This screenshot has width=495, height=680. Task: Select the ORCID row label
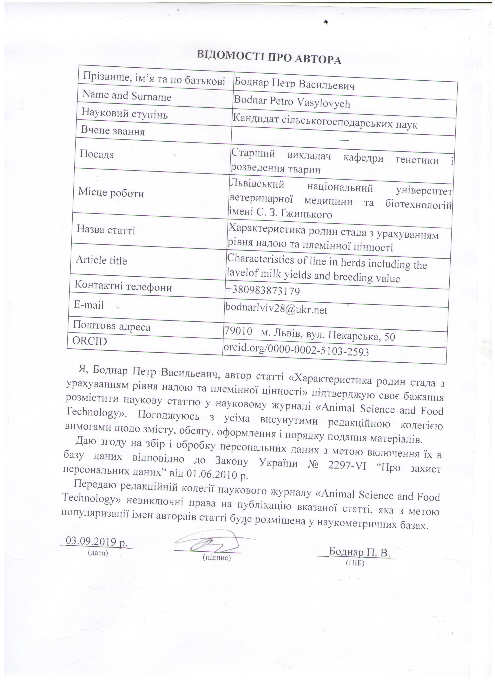click(x=90, y=341)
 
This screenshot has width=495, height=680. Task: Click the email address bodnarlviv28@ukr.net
click(x=276, y=309)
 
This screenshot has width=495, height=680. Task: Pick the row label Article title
click(x=102, y=260)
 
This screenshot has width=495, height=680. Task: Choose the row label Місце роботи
click(x=111, y=193)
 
